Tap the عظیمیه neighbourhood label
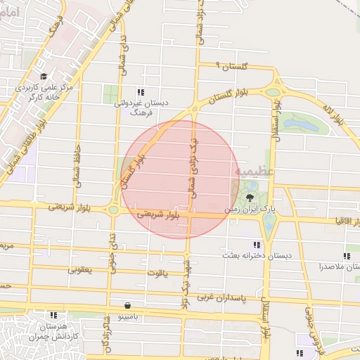(x=250, y=171)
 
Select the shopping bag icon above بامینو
(x=127, y=306)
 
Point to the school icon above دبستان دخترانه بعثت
(x=257, y=245)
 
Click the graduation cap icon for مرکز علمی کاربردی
(x=44, y=77)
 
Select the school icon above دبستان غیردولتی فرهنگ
(x=141, y=92)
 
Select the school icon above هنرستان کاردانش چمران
(x=53, y=315)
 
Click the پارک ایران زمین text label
(x=247, y=210)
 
